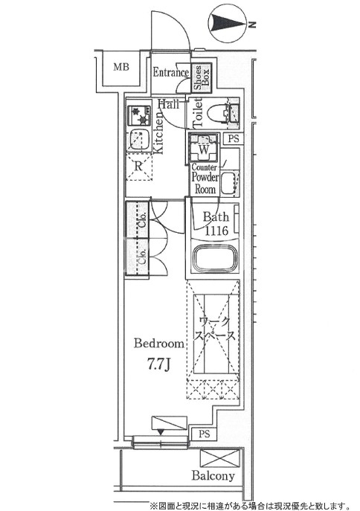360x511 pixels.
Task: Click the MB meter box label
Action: point(121,67)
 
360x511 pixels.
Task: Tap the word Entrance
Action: point(171,72)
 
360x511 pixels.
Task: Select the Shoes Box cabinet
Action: point(202,77)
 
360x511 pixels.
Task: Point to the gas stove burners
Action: point(139,115)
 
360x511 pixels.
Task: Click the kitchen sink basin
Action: point(139,140)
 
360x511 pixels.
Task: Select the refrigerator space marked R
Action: point(139,167)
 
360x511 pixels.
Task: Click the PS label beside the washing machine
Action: point(234,139)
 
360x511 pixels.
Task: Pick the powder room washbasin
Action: point(228,183)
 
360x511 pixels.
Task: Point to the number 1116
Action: point(216,231)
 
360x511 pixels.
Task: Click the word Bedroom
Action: point(159,344)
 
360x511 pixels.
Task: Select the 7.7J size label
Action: point(158,364)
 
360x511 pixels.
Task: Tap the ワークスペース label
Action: point(214,329)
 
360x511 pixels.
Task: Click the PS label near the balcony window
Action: point(205,434)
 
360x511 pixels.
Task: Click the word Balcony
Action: point(213,476)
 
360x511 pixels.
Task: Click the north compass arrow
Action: point(230,24)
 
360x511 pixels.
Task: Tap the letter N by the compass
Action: point(252,24)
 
